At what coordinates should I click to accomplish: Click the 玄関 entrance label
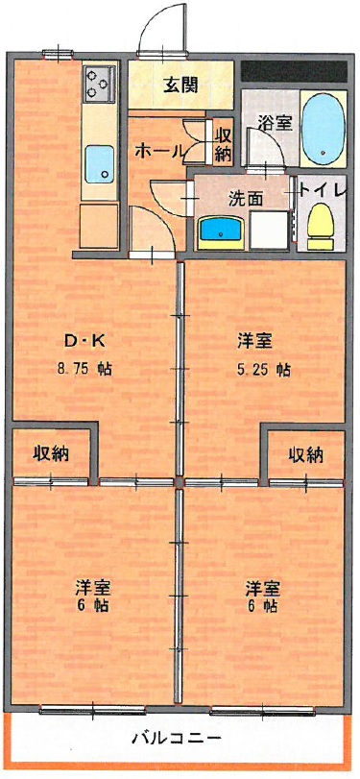point(180,85)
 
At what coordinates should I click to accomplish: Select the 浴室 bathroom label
point(276,123)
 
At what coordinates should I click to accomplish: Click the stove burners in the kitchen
point(97,83)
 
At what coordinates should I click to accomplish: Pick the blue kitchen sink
point(97,163)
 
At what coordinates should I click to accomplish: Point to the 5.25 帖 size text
point(259,369)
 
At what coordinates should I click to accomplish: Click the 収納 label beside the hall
point(223,144)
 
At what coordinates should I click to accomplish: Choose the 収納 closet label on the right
point(305,454)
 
